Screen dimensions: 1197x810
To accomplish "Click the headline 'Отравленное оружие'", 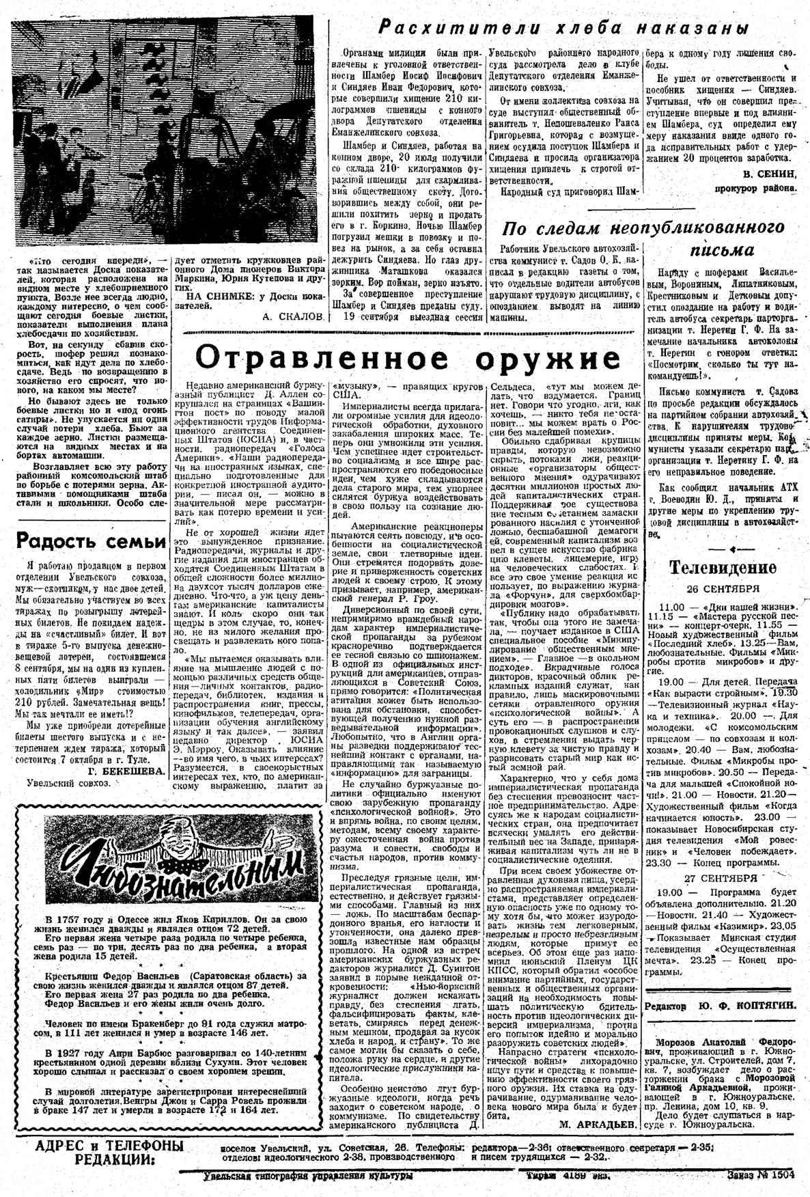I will tap(408, 357).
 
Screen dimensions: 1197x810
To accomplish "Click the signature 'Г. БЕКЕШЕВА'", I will tap(126, 770).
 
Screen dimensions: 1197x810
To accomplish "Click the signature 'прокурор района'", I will tap(755, 187).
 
